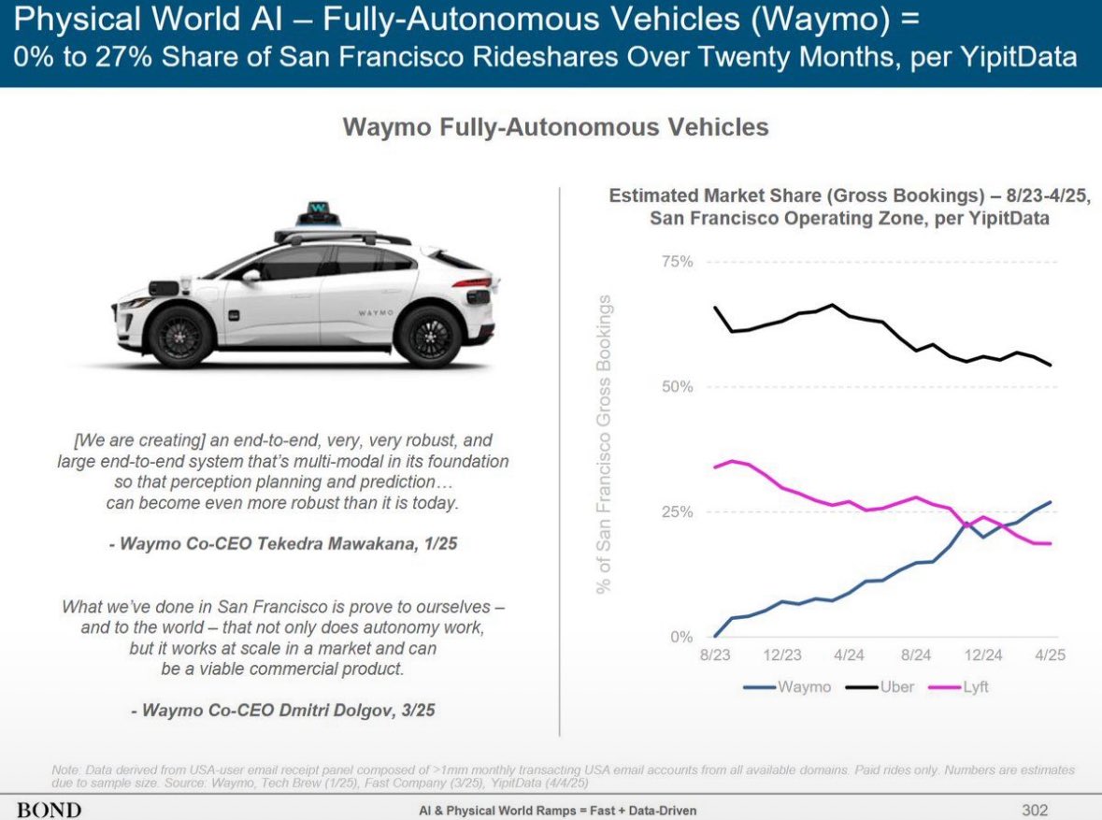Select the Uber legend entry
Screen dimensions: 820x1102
pos(884,687)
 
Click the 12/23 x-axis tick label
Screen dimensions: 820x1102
pos(781,655)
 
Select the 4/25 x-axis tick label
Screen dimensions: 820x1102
pos(1049,655)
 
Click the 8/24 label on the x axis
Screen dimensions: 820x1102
pos(916,655)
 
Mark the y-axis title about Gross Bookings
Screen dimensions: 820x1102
pos(605,444)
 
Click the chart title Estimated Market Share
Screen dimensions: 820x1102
pos(850,207)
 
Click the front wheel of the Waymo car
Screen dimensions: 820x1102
pos(181,335)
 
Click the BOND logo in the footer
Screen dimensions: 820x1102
pos(49,808)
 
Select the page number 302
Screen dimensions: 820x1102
pos(1035,809)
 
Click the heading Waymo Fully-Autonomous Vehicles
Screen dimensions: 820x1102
pos(556,127)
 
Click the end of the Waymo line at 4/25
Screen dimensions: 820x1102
pos(1051,502)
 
